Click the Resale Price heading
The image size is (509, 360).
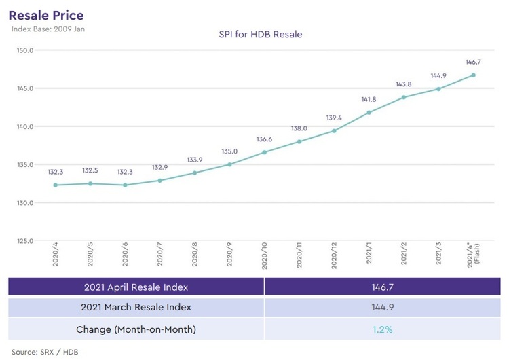(46, 14)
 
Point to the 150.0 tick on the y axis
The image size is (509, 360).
(26, 50)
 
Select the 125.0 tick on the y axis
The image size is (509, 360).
(26, 241)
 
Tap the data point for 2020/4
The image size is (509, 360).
(56, 185)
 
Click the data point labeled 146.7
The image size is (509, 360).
(473, 75)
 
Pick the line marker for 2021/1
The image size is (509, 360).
(369, 113)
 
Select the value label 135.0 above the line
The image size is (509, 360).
(229, 152)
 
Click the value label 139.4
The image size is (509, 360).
(333, 118)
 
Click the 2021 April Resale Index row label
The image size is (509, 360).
(136, 287)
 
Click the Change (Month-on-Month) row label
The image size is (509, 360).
(136, 329)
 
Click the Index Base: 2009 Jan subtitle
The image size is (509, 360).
(48, 29)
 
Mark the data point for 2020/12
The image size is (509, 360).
(334, 130)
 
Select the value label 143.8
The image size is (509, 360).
(403, 84)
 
